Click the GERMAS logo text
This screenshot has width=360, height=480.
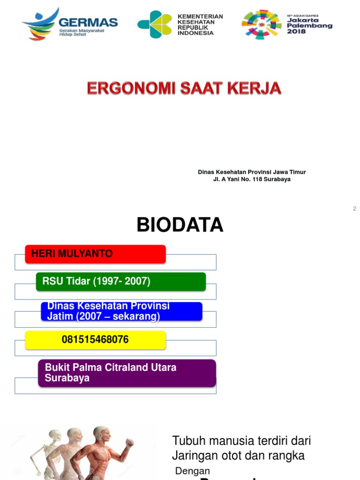point(89,22)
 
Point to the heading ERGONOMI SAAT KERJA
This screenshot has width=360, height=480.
point(184,89)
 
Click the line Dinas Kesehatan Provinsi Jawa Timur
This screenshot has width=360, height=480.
point(252,172)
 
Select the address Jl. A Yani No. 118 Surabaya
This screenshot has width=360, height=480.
point(252,179)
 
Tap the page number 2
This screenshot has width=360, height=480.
point(354,209)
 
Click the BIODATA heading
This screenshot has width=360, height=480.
point(180,225)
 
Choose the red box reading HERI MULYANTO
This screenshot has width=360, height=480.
point(95,254)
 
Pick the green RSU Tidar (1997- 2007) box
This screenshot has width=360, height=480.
point(121,281)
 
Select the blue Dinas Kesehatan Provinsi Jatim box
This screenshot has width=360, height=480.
point(121,311)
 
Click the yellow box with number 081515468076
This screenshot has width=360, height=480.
point(95,339)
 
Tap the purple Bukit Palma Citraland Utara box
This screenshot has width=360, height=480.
point(127,373)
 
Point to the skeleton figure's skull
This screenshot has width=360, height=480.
point(55,435)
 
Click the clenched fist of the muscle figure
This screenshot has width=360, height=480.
point(130,442)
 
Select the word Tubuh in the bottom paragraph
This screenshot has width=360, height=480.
point(187,441)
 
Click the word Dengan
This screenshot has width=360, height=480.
point(193,471)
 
